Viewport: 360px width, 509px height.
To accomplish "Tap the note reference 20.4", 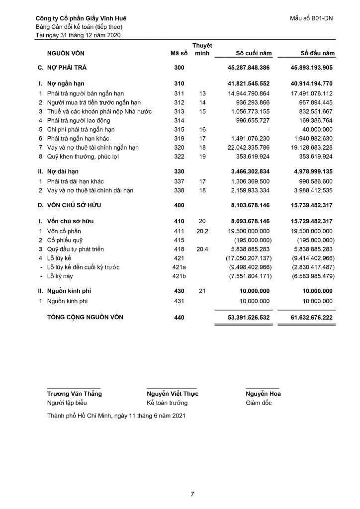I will (201, 249).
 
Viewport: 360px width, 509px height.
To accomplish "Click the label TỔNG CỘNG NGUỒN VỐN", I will (86, 317).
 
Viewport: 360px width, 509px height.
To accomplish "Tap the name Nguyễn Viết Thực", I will (172, 394).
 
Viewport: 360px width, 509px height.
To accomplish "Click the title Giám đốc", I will (259, 403).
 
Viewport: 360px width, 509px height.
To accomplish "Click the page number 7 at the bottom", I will (192, 494).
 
